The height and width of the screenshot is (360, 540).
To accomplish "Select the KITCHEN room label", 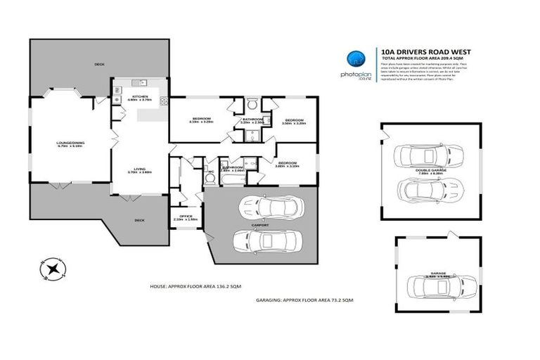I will [139, 98].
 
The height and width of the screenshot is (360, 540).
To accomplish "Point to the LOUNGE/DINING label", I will [70, 144].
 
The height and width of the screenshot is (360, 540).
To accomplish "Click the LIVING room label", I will [139, 169].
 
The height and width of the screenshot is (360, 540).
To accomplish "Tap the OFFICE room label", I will [186, 217].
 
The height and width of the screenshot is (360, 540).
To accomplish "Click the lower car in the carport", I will [271, 241].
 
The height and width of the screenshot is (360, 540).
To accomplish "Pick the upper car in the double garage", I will [428, 155].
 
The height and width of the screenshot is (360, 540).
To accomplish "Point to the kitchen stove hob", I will [164, 101].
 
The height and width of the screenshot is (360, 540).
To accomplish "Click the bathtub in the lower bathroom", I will [231, 179].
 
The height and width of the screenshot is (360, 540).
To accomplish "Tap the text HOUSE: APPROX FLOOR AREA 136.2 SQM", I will [200, 287].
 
